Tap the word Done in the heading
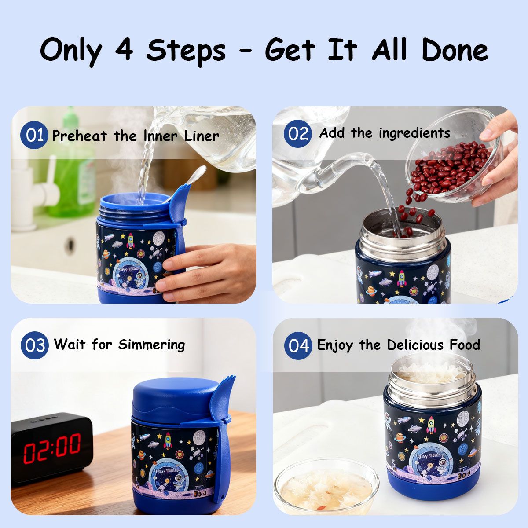(455, 50)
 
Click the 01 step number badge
(34, 135)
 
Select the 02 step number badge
(297, 133)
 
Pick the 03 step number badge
(35, 345)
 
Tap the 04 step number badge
(298, 345)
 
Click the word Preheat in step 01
(79, 136)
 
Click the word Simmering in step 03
(151, 345)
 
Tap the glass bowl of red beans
(454, 156)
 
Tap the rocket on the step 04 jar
(431, 425)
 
